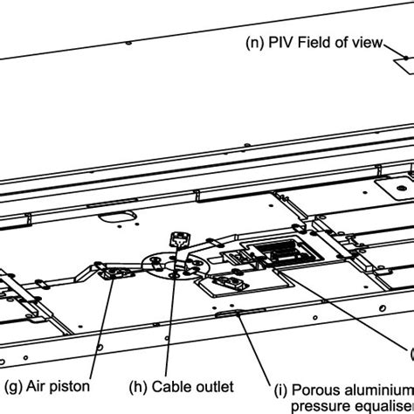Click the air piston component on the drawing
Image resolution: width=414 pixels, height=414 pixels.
click(114, 274)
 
